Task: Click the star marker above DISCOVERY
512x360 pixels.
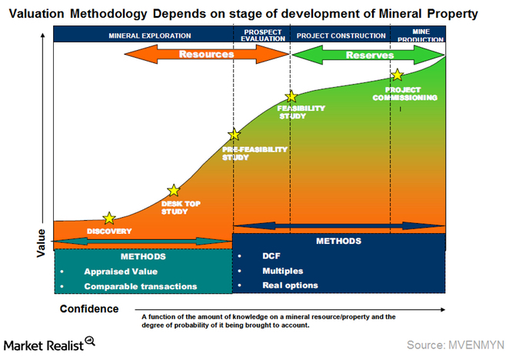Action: pos(110,218)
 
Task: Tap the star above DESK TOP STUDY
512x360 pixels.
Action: pos(174,190)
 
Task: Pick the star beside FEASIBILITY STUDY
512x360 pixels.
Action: pos(291,97)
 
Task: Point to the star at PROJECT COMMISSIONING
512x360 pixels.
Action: pos(397,75)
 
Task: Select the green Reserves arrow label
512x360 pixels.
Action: pos(369,55)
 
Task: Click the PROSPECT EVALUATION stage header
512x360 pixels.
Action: pos(261,35)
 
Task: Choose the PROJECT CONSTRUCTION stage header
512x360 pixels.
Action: pos(341,35)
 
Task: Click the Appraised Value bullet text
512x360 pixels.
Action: pos(121,272)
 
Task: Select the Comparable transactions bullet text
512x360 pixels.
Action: pos(141,286)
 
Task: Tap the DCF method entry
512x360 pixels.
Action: pos(272,256)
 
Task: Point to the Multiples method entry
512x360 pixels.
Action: pos(282,271)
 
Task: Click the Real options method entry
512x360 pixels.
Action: pos(290,285)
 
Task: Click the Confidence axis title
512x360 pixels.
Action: pos(89,309)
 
